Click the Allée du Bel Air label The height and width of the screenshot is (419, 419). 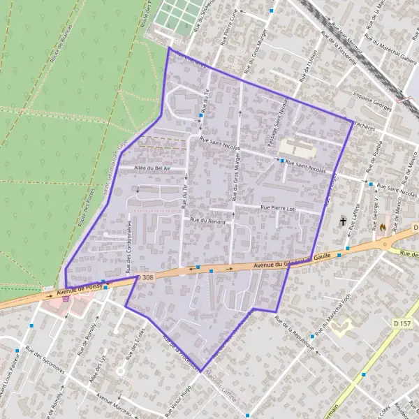[x=148, y=168]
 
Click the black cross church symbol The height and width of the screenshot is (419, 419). [x=343, y=221]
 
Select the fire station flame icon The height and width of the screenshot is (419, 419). [x=383, y=226]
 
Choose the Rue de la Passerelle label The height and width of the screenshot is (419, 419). [x=339, y=47]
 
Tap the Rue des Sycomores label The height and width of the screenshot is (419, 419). [x=44, y=361]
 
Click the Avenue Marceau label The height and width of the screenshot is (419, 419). [x=115, y=403]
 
